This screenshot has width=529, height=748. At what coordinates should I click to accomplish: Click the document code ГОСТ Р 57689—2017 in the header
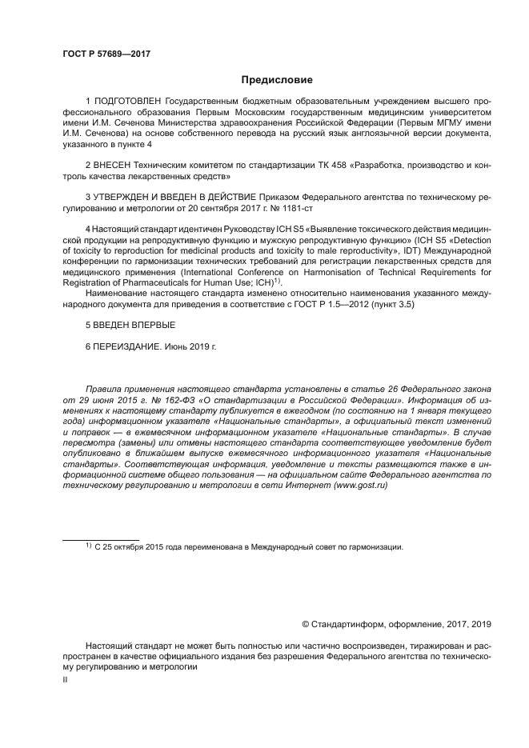(106, 54)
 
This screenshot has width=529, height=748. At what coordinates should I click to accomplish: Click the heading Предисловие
(277, 80)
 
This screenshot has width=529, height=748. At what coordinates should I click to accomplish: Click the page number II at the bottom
(66, 678)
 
